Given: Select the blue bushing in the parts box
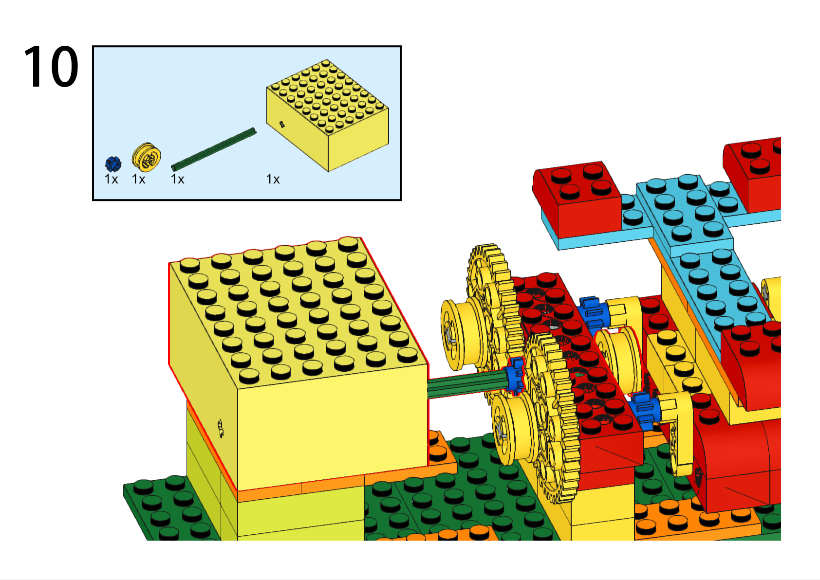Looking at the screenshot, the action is click(113, 164).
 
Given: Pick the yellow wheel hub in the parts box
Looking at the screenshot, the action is click(146, 157).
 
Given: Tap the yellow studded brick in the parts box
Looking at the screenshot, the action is click(327, 116).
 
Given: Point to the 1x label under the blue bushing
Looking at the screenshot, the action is click(112, 180).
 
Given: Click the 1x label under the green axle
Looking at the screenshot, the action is click(178, 180).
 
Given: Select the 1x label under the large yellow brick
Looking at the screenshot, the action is click(273, 180).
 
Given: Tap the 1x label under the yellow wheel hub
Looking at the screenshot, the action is click(139, 180).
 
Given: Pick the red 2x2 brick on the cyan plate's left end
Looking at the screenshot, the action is click(578, 199).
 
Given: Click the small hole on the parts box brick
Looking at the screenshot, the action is click(281, 125).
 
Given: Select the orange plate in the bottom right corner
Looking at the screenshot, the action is click(696, 520).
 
